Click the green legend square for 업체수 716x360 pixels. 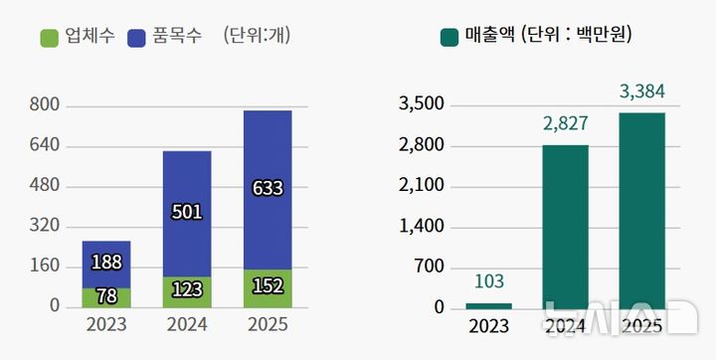click(x=51, y=38)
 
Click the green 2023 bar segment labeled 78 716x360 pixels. click(x=106, y=296)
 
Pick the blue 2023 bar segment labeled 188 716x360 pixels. click(x=106, y=264)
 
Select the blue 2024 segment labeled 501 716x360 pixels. click(x=187, y=213)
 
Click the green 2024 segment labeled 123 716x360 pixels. click(x=187, y=291)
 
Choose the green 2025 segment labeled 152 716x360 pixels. click(x=268, y=287)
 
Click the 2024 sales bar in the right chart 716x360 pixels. click(x=566, y=226)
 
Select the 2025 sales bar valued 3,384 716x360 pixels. click(x=641, y=210)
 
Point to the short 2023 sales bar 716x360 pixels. click(x=488, y=305)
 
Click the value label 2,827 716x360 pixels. click(x=566, y=124)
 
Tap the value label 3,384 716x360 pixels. click(x=641, y=92)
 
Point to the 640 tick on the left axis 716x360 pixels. click(x=46, y=146)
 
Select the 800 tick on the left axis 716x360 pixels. click(x=46, y=105)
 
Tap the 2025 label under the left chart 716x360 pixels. click(x=268, y=325)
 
